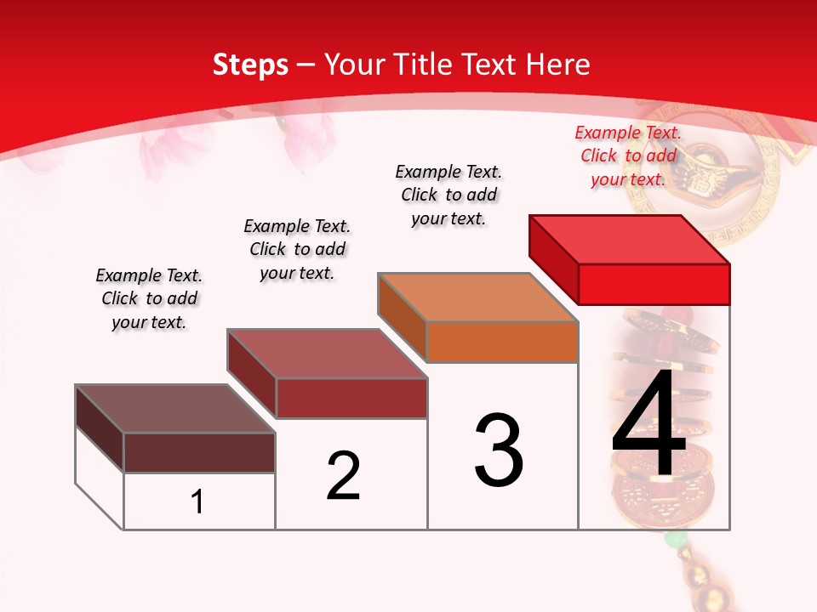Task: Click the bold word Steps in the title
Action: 250,65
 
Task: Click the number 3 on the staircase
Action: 499,450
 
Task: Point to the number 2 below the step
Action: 343,476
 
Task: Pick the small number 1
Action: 197,501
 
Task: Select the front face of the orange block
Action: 502,342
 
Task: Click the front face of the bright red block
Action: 654,284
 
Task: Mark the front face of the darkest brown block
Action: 199,452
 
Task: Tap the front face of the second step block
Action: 351,398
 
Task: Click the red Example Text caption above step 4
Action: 628,156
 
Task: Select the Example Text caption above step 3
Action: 448,195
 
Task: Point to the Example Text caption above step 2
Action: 297,249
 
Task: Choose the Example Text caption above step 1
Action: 149,298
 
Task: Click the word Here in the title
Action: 560,65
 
